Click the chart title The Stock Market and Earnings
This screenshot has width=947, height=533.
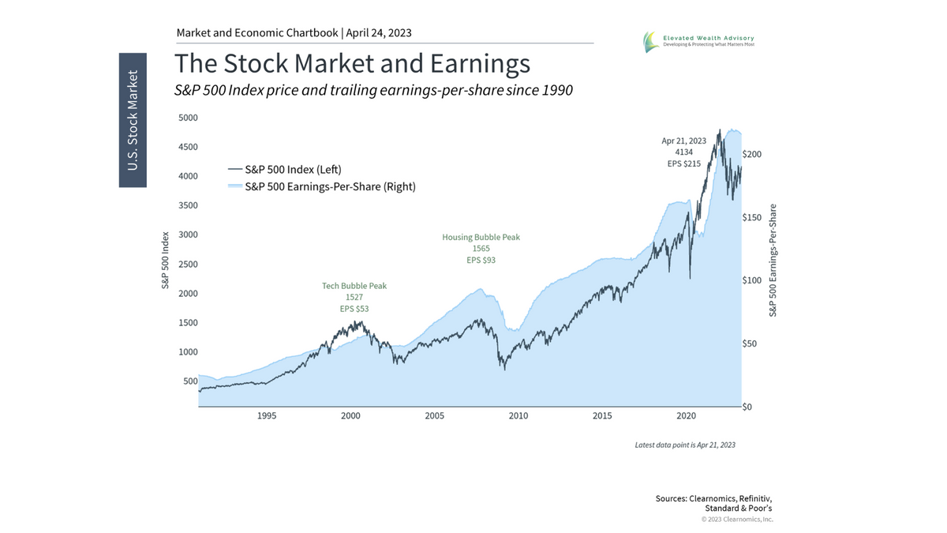coord(352,63)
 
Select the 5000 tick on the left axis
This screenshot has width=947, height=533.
coord(188,118)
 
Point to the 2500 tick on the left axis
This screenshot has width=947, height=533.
coord(188,264)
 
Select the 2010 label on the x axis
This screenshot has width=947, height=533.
coord(518,415)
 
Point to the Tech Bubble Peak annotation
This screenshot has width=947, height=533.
coord(354,286)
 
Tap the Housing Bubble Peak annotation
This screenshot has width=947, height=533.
coord(481,237)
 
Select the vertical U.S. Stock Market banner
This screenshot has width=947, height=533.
coord(133,120)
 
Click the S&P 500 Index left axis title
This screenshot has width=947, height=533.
coord(167,261)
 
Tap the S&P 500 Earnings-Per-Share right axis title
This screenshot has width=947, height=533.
coord(773,261)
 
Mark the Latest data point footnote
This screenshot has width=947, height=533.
coord(685,445)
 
